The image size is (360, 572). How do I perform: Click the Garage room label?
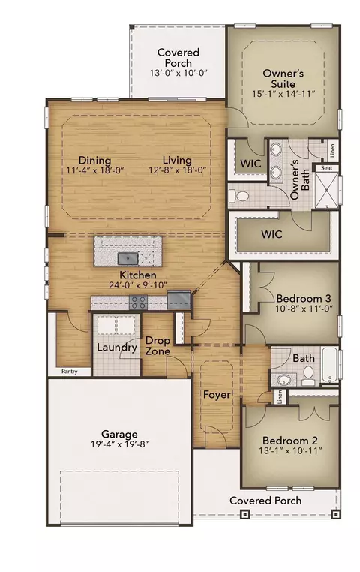click(x=119, y=434)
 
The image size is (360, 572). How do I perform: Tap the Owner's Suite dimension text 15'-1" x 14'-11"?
click(x=283, y=94)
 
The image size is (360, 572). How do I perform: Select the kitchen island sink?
click(x=128, y=259)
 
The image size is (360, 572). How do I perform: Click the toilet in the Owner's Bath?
click(x=239, y=196)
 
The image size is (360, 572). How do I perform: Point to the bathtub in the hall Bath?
click(x=331, y=365)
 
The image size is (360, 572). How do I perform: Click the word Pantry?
click(x=69, y=372)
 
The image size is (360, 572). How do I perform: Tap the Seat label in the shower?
click(x=327, y=168)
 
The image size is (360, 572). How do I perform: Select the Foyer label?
click(x=217, y=395)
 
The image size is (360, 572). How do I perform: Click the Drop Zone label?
click(x=157, y=346)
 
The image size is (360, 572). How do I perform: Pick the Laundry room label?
click(x=116, y=348)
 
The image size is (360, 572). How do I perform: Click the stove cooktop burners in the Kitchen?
click(x=139, y=302)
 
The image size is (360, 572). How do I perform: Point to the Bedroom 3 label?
click(x=304, y=299)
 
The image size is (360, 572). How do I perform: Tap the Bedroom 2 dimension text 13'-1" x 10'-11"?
click(x=290, y=451)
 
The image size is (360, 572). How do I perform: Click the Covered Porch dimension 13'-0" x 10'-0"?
click(x=178, y=73)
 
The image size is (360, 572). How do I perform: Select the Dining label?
click(x=94, y=160)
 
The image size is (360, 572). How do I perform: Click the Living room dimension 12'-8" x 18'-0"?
click(x=178, y=170)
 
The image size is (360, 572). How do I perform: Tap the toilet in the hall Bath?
click(x=308, y=376)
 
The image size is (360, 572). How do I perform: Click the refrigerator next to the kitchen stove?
click(x=179, y=300)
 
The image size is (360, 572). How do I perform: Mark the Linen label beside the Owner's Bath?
click(x=332, y=151)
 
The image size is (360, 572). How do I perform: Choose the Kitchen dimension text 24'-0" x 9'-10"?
click(x=138, y=285)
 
